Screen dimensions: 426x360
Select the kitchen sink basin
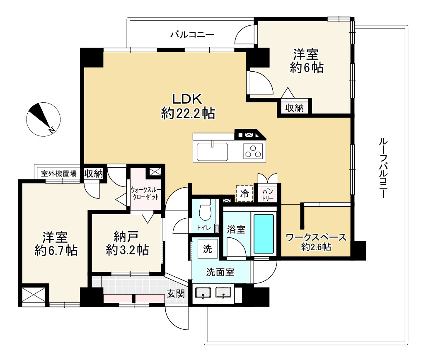pyautogui.click(x=213, y=151)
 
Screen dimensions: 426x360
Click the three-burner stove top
pyautogui.click(x=253, y=151)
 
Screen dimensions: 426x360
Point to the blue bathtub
pyautogui.click(x=264, y=234)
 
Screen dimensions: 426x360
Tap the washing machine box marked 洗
pyautogui.click(x=208, y=249)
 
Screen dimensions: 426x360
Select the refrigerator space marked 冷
pyautogui.click(x=244, y=193)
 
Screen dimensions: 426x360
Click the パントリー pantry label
pyautogui.click(x=268, y=195)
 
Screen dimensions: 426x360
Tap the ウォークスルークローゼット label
pyautogui.click(x=145, y=193)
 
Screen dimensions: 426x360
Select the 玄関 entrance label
pyautogui.click(x=176, y=293)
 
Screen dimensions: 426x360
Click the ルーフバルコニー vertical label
pyautogui.click(x=383, y=168)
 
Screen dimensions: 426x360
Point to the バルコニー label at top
pyautogui.click(x=192, y=34)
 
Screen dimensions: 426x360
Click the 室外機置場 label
pyautogui.click(x=59, y=173)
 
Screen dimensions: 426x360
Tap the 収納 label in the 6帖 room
pyautogui.click(x=294, y=108)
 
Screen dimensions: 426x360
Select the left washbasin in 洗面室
pyautogui.click(x=203, y=292)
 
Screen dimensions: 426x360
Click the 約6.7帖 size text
pyautogui.click(x=56, y=250)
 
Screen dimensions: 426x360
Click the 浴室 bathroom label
pyautogui.click(x=236, y=230)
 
